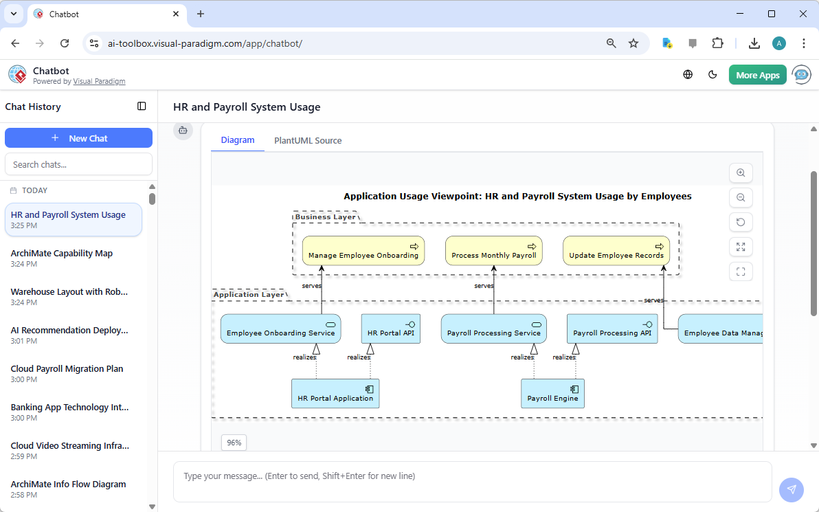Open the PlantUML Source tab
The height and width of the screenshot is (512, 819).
tap(308, 140)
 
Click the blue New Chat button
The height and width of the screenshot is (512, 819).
tap(78, 138)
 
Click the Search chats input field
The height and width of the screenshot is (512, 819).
tap(78, 164)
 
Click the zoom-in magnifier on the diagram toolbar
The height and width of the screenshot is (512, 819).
tap(741, 173)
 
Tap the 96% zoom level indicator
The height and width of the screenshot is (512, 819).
tap(234, 443)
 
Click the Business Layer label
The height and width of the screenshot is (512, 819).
tap(325, 216)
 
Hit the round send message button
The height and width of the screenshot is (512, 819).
tap(791, 489)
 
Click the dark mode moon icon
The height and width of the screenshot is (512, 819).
tap(713, 75)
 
